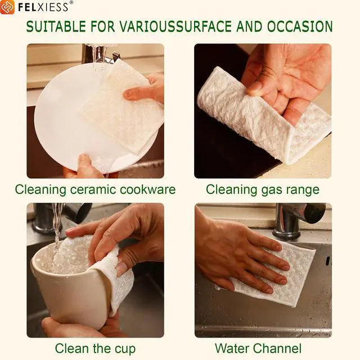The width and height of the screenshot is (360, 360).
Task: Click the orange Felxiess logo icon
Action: (x=7, y=7)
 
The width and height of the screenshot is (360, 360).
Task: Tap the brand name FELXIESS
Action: (x=43, y=7)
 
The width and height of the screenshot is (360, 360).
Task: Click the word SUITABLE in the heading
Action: (x=56, y=26)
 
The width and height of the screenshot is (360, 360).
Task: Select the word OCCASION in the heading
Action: (x=300, y=26)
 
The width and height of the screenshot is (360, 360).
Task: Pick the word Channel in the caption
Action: (x=277, y=348)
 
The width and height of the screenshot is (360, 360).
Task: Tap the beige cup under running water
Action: (x=71, y=289)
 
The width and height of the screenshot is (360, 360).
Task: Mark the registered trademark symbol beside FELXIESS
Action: (x=71, y=2)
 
